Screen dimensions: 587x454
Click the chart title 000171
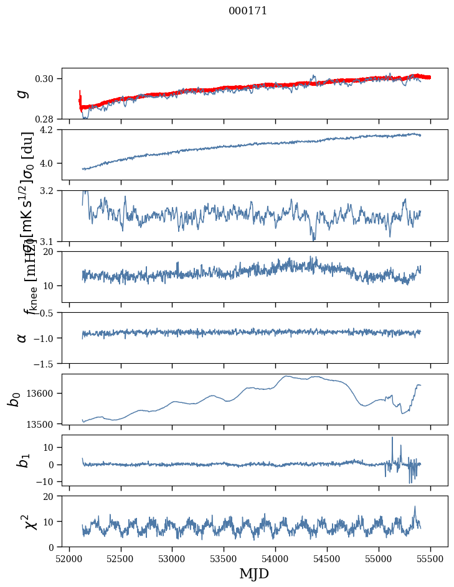(248, 11)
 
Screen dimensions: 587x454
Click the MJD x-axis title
(254, 574)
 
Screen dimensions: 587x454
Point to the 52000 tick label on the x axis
(69, 558)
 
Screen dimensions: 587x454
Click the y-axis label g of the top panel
(22, 93)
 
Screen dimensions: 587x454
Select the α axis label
(22, 338)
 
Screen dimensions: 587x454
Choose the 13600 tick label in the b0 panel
(44, 393)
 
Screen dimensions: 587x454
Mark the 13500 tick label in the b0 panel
(44, 423)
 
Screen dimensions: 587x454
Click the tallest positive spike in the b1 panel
(392, 438)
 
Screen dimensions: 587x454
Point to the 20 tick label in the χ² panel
(51, 496)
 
